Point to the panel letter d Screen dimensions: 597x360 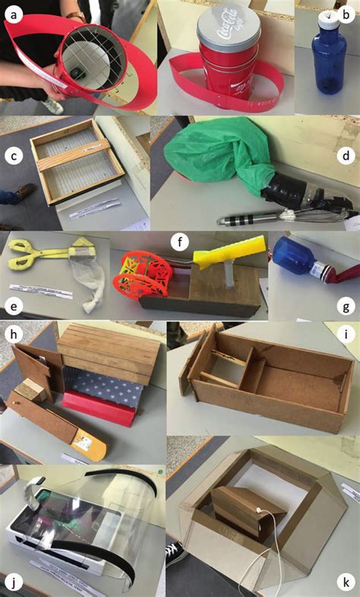click(346, 157)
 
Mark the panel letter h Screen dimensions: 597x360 click(13, 334)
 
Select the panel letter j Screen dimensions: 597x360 click(13, 583)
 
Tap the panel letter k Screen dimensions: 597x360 click(347, 583)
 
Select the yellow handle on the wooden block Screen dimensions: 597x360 click(227, 251)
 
